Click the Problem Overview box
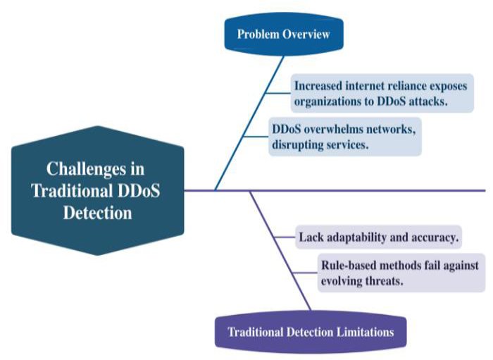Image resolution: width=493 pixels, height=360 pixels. pyautogui.click(x=283, y=34)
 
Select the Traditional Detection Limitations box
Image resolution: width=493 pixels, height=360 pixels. pyautogui.click(x=311, y=332)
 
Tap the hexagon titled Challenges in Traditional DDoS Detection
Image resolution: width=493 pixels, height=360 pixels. pyautogui.click(x=98, y=190)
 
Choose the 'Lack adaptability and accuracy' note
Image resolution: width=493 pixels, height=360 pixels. pyautogui.click(x=377, y=237)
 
